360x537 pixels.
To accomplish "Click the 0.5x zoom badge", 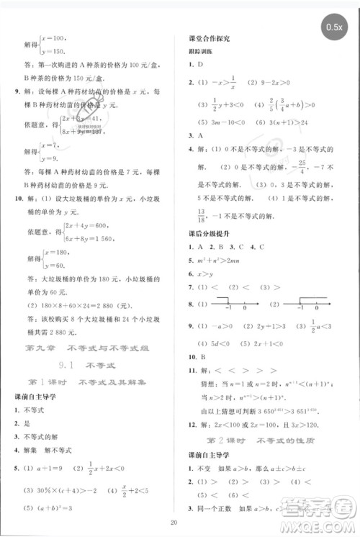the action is coord(335,27).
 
